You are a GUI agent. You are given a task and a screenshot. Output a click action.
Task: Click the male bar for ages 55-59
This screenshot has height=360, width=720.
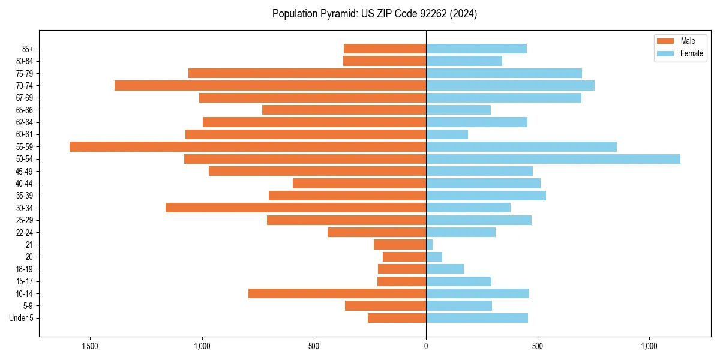click(x=248, y=146)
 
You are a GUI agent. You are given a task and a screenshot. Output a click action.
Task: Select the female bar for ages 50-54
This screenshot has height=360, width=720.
click(x=553, y=159)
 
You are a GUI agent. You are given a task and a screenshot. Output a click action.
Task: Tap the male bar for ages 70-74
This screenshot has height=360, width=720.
click(x=270, y=85)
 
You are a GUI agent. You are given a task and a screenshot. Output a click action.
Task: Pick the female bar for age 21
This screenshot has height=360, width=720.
click(x=430, y=244)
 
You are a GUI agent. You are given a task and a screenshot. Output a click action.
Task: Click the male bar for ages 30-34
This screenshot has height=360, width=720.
click(x=296, y=208)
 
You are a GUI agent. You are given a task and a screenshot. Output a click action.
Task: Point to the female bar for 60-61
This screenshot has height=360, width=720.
click(x=447, y=134)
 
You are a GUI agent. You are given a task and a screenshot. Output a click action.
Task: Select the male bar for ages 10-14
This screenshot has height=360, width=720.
click(x=337, y=293)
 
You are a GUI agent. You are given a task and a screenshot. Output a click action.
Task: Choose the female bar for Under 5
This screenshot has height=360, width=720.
click(x=477, y=318)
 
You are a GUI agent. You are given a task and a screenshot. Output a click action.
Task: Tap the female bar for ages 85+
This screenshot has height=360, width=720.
click(x=476, y=49)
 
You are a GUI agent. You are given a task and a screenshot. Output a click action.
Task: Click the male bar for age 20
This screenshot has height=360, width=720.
click(x=404, y=257)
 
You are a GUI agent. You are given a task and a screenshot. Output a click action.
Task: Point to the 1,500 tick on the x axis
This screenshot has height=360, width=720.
click(x=90, y=346)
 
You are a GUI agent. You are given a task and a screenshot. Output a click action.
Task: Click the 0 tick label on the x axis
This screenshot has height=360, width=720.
click(x=426, y=346)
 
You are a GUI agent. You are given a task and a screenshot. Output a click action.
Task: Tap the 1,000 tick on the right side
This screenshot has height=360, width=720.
click(x=649, y=346)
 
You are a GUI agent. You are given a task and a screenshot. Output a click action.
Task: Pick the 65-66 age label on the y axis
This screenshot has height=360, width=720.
click(x=24, y=110)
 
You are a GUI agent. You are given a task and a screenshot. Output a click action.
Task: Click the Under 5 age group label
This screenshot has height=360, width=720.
click(x=22, y=318)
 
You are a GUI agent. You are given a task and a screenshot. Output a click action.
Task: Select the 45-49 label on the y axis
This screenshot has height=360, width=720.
click(x=24, y=171)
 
